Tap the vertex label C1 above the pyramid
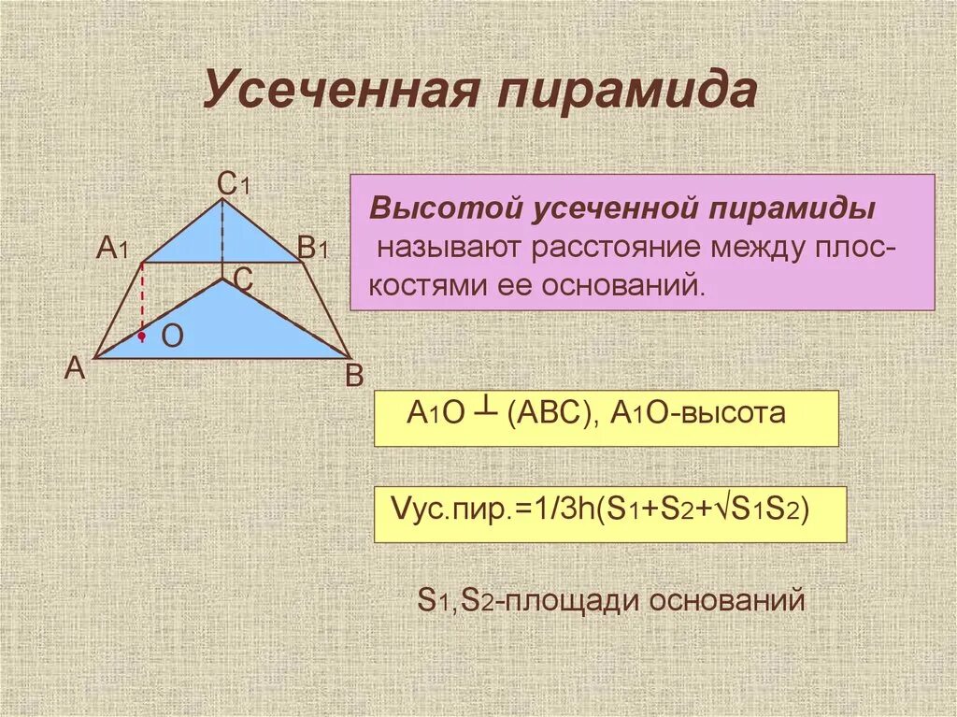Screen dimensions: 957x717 click(x=233, y=184)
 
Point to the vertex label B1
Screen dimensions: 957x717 click(x=312, y=249)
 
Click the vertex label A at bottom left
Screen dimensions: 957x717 click(x=76, y=368)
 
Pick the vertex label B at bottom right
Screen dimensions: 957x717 click(x=353, y=376)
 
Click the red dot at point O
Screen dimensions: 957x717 click(x=141, y=335)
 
